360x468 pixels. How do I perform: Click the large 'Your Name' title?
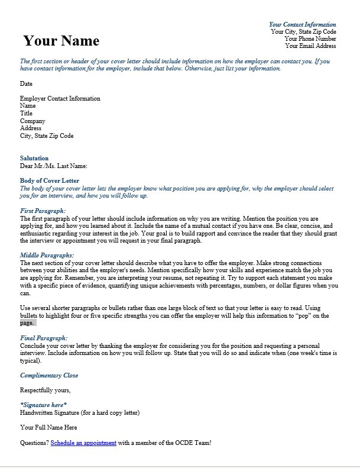click(61, 41)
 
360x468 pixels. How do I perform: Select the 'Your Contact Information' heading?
click(302, 24)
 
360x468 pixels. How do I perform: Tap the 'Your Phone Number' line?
click(310, 38)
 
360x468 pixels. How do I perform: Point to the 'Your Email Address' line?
click(310, 46)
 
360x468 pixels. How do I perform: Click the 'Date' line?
click(26, 84)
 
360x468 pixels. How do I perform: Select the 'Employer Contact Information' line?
click(60, 99)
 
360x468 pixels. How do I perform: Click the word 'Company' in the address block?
click(33, 121)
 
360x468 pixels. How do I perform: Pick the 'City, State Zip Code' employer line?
click(47, 135)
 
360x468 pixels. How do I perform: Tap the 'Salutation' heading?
click(34, 159)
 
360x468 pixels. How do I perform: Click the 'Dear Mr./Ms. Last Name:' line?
click(53, 166)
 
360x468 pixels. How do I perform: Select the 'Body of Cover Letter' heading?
click(49, 180)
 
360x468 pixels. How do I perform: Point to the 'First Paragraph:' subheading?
click(43, 211)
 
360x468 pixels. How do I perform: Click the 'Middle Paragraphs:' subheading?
click(46, 254)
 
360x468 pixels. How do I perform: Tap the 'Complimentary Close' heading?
click(49, 375)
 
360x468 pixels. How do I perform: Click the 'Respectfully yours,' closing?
click(45, 390)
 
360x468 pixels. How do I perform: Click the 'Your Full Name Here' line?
click(48, 427)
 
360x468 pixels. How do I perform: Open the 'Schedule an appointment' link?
click(83, 443)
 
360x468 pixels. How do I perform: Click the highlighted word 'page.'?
click(27, 323)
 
